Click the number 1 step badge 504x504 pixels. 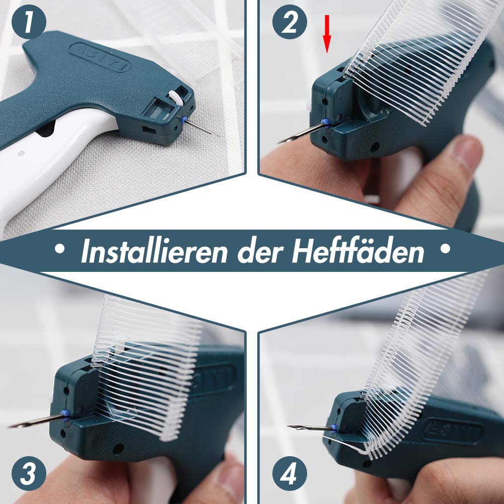(29, 23)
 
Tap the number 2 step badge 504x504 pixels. (289, 23)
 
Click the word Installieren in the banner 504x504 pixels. (154, 251)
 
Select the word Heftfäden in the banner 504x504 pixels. (357, 251)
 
